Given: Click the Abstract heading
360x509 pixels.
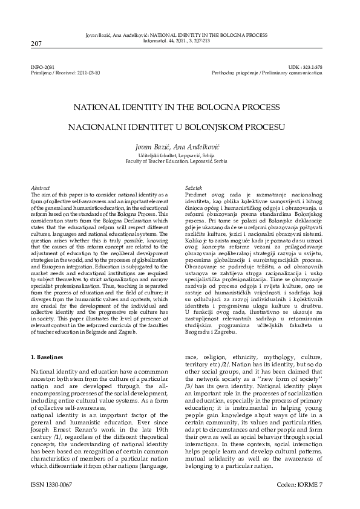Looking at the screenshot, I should pyautogui.click(x=40, y=189).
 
